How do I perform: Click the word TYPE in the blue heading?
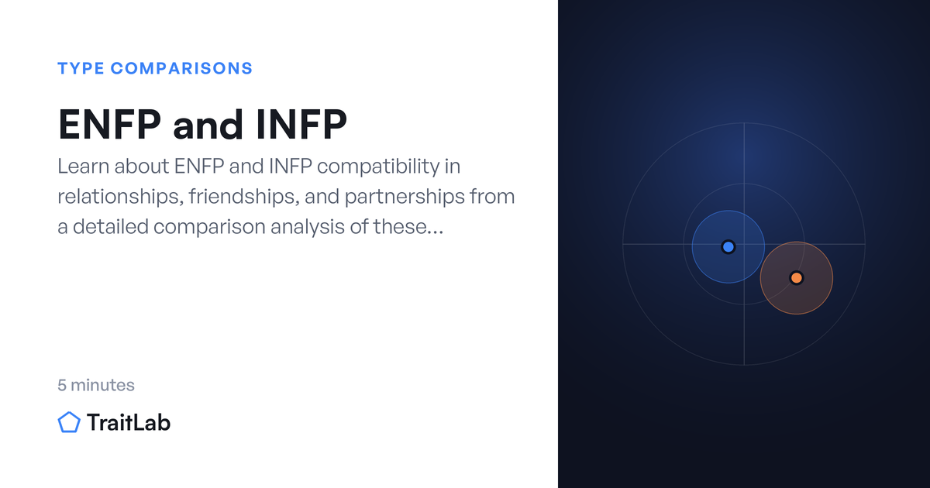pyautogui.click(x=81, y=68)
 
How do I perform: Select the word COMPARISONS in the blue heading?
pyautogui.click(x=181, y=68)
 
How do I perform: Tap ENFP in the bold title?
pyautogui.click(x=109, y=124)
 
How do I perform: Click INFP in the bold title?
pyautogui.click(x=301, y=124)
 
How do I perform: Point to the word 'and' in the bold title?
pyautogui.click(x=208, y=124)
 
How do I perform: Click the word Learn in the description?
pyautogui.click(x=83, y=167)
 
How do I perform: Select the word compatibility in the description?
pyautogui.click(x=378, y=167)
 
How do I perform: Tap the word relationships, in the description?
pyautogui.click(x=120, y=197)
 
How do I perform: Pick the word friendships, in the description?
pyautogui.click(x=244, y=197)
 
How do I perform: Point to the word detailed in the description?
pyautogui.click(x=110, y=227)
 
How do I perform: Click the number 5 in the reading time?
pyautogui.click(x=62, y=385)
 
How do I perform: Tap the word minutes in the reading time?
pyautogui.click(x=102, y=385)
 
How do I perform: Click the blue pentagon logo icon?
pyautogui.click(x=69, y=422)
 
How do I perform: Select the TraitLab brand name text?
pyautogui.click(x=129, y=422)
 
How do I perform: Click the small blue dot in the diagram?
pyautogui.click(x=728, y=247)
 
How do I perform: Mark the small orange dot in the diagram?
pyautogui.click(x=797, y=277)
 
